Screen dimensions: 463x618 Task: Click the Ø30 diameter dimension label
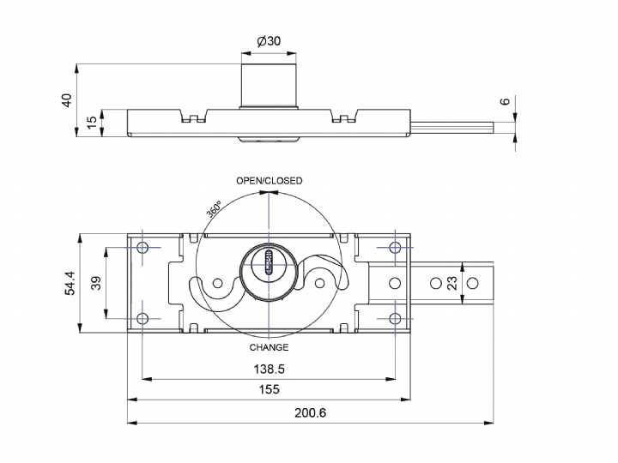269,41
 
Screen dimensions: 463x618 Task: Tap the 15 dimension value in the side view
93,123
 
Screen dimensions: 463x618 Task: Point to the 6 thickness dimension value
505,102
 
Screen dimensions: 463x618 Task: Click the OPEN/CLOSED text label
270,181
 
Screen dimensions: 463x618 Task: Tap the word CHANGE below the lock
269,347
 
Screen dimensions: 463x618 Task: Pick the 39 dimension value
96,283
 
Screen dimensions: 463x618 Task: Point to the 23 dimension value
476,283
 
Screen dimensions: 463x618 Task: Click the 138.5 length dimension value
269,369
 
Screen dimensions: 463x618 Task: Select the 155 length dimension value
269,390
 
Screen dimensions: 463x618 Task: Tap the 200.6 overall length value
311,412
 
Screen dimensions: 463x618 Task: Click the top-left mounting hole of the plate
142,248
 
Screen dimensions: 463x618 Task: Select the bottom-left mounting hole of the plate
142,318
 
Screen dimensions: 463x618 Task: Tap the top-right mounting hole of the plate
395,248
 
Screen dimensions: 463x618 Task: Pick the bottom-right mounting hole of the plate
395,318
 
